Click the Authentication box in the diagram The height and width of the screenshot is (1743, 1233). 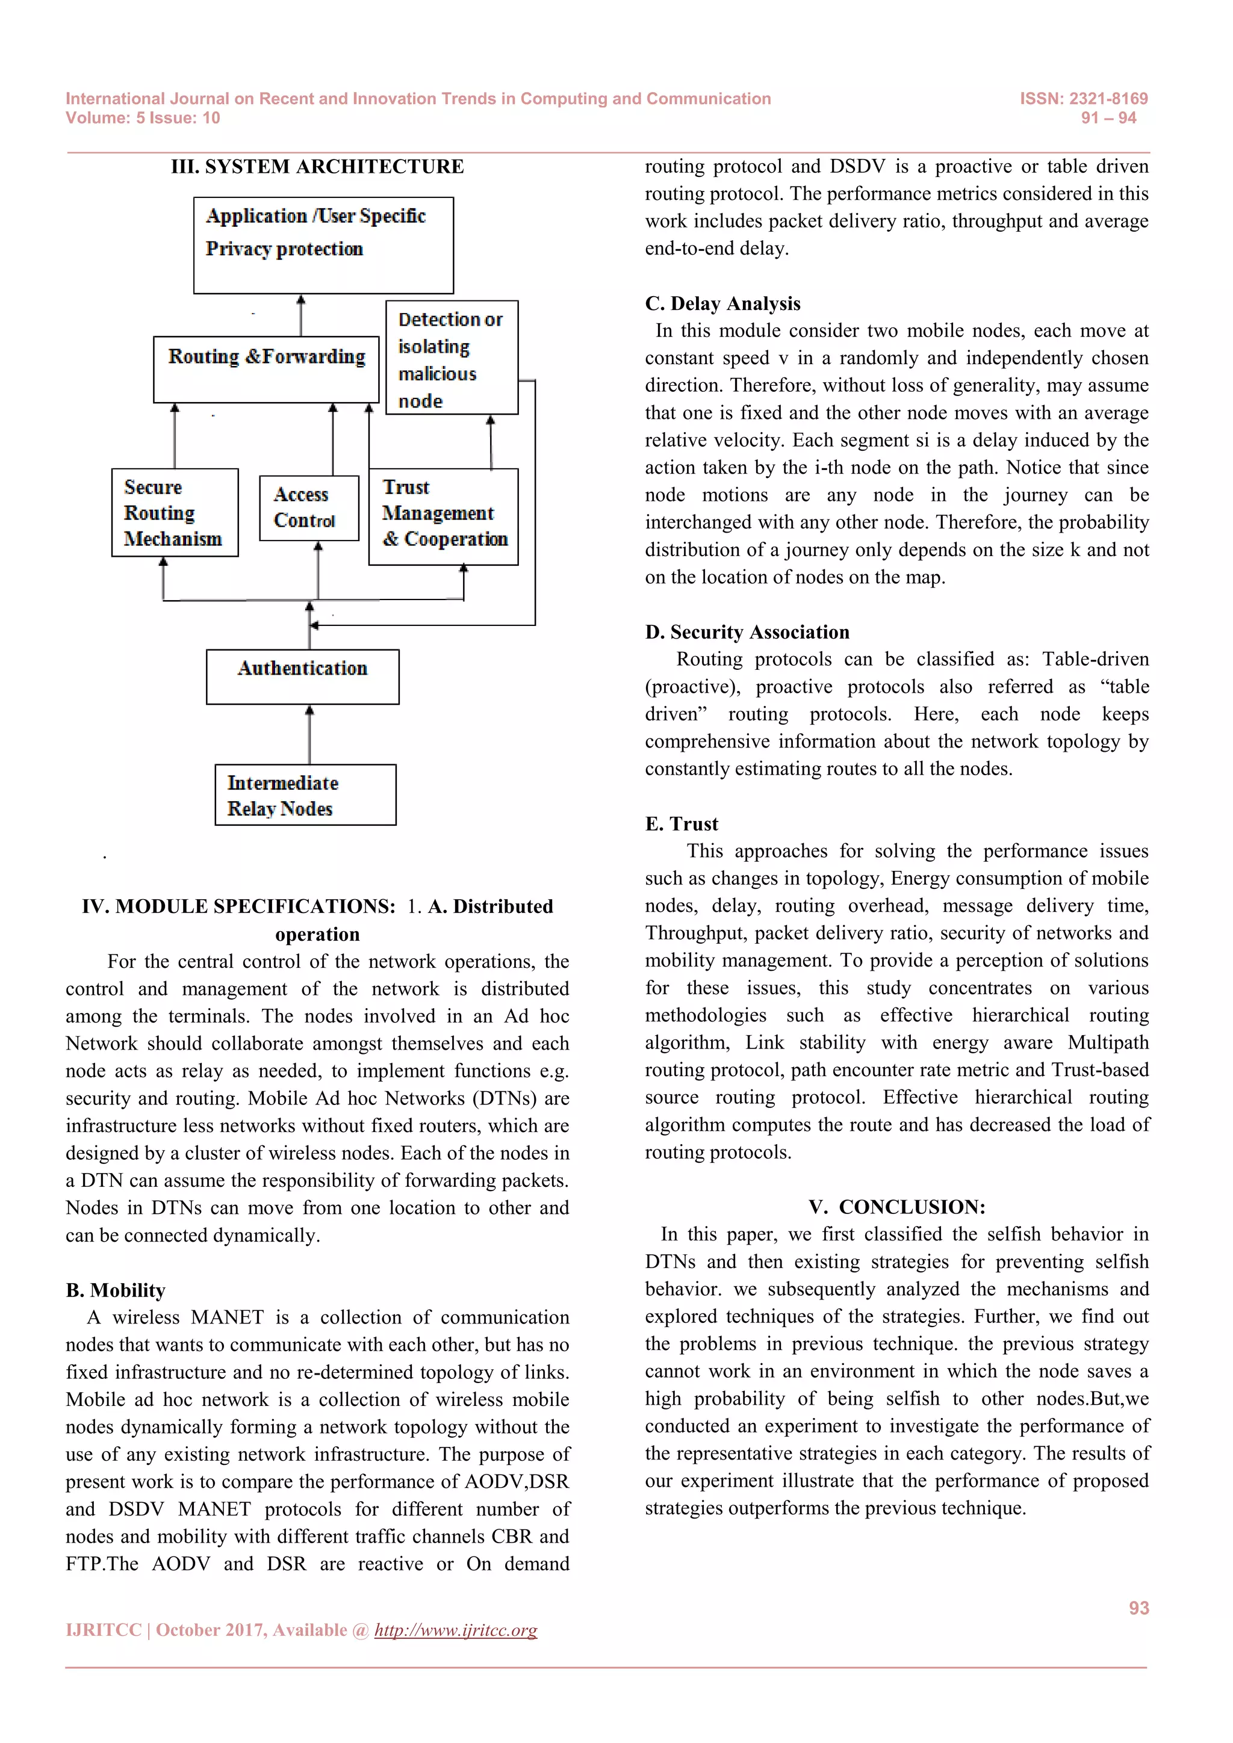point(302,676)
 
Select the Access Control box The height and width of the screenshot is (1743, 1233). point(308,508)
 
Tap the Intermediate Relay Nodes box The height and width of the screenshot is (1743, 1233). point(305,795)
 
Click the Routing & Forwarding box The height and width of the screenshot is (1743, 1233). point(266,369)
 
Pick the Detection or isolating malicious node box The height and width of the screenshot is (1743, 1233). point(452,358)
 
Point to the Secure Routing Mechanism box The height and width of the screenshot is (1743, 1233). point(175,512)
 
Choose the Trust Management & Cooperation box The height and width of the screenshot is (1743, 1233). point(443,516)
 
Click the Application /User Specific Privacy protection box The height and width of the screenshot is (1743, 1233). point(323,245)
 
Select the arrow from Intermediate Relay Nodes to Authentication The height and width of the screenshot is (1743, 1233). point(309,734)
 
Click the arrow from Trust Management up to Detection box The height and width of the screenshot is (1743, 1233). point(491,442)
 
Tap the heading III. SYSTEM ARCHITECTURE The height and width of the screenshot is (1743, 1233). point(317,166)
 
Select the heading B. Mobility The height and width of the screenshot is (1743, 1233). point(116,1290)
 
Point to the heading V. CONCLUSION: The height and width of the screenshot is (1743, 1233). point(896,1207)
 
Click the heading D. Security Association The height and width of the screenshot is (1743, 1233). point(747,633)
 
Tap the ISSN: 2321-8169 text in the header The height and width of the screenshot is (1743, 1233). point(1084,99)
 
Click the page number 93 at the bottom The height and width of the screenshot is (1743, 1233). point(1138,1608)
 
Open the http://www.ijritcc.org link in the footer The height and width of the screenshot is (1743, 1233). point(456,1630)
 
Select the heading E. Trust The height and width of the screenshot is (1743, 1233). point(681,824)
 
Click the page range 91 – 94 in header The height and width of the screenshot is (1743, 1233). point(1108,118)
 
